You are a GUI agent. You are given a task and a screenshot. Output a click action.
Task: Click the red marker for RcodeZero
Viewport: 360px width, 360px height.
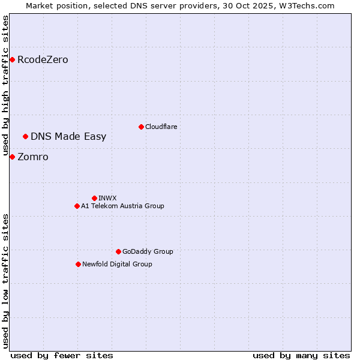click(12, 59)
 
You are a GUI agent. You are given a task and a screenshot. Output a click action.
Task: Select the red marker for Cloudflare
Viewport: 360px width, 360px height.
click(141, 127)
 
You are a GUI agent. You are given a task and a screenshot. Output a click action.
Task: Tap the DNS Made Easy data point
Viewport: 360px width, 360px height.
click(25, 136)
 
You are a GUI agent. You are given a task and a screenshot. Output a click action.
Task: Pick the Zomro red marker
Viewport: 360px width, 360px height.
click(12, 157)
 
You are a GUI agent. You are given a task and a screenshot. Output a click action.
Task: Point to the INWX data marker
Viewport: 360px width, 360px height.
click(94, 198)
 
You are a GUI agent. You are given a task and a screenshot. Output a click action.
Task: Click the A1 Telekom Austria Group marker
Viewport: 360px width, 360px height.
click(77, 206)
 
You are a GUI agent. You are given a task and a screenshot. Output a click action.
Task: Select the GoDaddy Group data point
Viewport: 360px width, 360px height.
click(118, 251)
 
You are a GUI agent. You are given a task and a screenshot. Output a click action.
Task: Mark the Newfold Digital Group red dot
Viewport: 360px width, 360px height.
click(78, 264)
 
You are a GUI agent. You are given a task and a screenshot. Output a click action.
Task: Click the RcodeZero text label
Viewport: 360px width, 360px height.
click(43, 60)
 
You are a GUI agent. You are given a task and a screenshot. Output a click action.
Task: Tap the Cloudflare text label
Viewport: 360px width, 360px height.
click(161, 127)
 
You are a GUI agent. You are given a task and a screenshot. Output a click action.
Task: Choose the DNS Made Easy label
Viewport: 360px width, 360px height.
click(68, 137)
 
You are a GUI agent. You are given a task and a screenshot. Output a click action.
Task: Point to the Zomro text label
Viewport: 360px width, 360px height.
click(33, 157)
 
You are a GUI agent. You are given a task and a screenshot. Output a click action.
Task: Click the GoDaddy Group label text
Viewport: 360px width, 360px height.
click(148, 251)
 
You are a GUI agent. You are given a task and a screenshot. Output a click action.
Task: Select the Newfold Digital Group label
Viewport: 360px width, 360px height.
click(117, 264)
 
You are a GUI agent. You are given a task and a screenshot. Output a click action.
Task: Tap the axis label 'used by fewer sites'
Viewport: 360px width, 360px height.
click(62, 355)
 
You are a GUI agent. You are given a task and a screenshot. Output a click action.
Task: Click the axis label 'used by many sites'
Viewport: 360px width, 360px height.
click(301, 355)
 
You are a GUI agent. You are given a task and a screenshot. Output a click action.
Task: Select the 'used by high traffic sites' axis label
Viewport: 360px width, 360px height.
click(5, 86)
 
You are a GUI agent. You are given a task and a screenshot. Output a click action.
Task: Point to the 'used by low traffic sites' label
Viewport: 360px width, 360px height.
click(5, 280)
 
